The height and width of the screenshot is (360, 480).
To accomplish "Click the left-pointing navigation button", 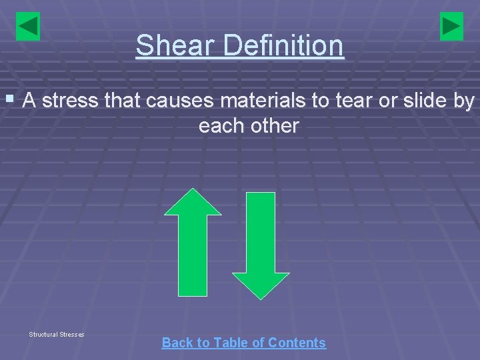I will tap(27, 27).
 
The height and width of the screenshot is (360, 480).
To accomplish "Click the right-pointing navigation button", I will tap(452, 27).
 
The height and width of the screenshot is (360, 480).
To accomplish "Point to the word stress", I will tap(72, 101).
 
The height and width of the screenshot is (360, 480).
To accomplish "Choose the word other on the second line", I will tap(275, 125).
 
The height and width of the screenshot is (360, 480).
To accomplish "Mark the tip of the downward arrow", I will tap(260, 297).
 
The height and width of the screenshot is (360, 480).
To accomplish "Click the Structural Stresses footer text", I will tap(57, 334).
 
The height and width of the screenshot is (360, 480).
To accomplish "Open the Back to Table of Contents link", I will tap(243, 343).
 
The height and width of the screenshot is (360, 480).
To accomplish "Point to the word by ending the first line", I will tap(465, 101).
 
